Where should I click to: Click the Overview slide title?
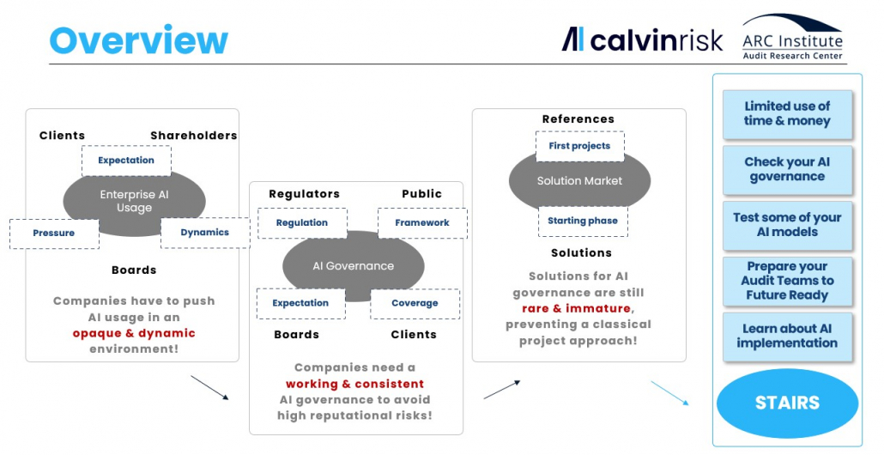tap(139, 40)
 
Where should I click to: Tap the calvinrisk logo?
tap(642, 39)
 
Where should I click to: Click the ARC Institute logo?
tap(792, 37)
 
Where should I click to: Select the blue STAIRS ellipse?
tap(787, 403)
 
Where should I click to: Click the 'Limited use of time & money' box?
tap(787, 114)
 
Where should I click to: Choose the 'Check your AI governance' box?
tap(787, 170)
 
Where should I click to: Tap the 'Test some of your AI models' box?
tap(787, 225)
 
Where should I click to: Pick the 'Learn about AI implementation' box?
tap(787, 337)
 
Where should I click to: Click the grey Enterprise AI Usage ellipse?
tap(134, 201)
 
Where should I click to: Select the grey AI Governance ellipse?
tap(353, 266)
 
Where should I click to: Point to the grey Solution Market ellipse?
tap(579, 181)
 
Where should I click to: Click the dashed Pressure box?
tap(54, 234)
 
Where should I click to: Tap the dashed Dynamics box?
tap(205, 233)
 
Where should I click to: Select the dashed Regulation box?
tap(302, 223)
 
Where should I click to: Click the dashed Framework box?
tap(422, 223)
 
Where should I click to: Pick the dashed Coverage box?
tap(415, 304)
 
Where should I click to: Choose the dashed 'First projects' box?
tap(579, 146)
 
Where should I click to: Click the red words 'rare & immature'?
tap(576, 308)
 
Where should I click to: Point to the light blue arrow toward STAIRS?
tap(669, 393)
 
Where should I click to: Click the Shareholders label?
tap(193, 136)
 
